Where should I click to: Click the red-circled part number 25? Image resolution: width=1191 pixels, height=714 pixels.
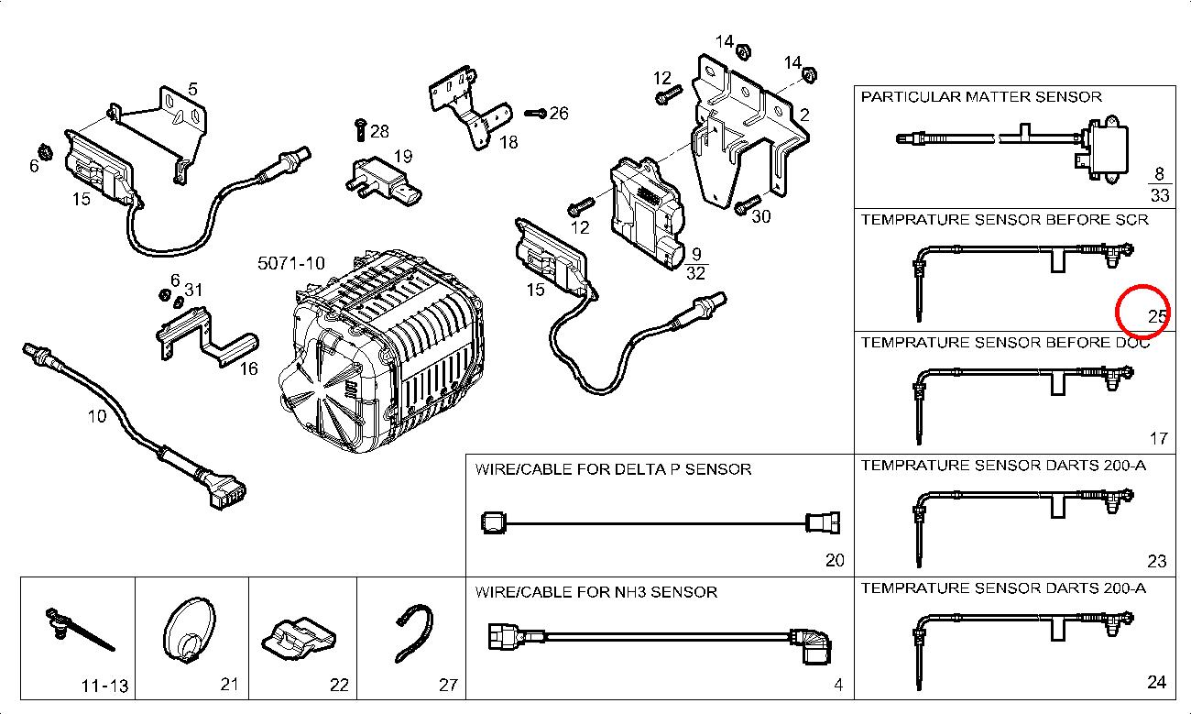pos(1158,316)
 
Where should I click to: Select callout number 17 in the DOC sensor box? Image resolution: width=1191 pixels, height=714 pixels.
pos(1158,438)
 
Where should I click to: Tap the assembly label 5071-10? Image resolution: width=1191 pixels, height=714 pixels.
pos(291,263)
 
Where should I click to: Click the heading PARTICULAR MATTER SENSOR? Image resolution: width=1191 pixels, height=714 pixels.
pos(981,96)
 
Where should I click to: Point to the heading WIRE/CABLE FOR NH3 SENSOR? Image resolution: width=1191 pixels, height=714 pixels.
pos(595,592)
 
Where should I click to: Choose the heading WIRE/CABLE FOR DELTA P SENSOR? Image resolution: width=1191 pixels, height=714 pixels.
pos(613,469)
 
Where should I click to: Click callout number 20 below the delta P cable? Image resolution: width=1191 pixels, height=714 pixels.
pos(834,560)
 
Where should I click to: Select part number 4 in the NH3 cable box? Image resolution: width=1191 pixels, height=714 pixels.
pos(837,685)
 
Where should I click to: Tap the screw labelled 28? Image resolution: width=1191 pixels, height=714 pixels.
pos(360,129)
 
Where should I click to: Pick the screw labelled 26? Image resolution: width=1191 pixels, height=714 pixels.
pos(535,114)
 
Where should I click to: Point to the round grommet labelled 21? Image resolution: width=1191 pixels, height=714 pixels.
pos(190,630)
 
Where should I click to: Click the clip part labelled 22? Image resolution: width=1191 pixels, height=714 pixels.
pos(299,634)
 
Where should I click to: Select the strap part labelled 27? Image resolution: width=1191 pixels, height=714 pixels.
pos(413,632)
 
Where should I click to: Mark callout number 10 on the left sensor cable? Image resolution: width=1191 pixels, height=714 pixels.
pos(97,416)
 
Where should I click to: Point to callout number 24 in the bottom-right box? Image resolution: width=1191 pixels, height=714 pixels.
pos(1157,682)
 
